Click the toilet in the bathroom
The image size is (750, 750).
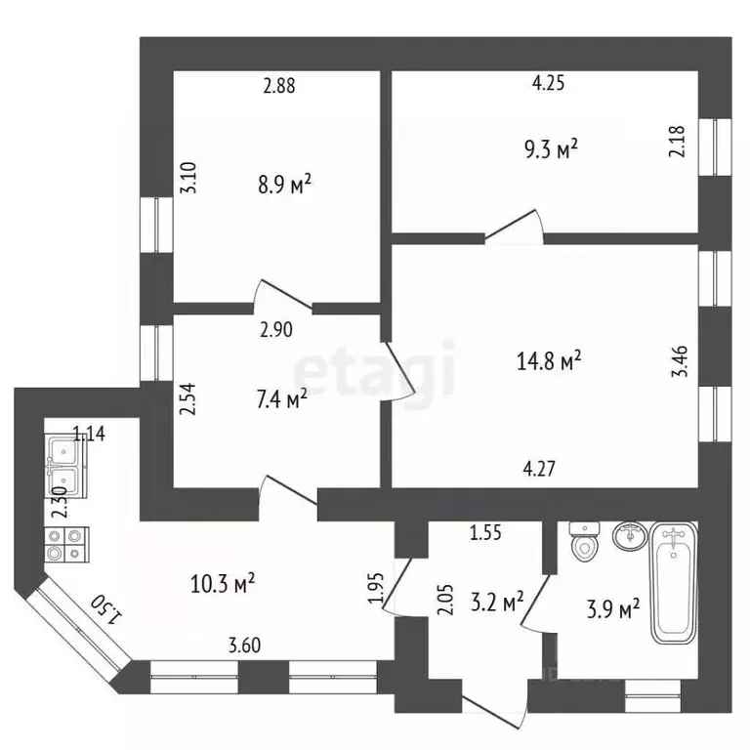[585, 541]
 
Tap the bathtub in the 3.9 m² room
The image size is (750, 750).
[674, 583]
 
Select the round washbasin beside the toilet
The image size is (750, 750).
[631, 536]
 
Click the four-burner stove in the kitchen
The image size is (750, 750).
[66, 544]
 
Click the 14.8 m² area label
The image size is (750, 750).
[549, 360]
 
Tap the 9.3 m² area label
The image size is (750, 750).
[551, 149]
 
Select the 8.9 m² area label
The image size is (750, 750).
[284, 185]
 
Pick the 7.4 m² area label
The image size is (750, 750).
[281, 399]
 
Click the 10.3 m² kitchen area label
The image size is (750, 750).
[223, 584]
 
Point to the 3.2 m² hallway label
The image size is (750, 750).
[497, 603]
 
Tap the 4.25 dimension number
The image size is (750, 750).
[548, 83]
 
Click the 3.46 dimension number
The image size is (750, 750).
[680, 361]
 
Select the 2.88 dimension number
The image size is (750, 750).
[279, 86]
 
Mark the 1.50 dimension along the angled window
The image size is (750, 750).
[106, 609]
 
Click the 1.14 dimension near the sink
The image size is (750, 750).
[89, 434]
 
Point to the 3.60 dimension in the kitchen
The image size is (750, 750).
[244, 646]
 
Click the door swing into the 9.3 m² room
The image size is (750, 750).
[515, 227]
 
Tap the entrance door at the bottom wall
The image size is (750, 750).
[495, 703]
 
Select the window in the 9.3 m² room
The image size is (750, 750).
[715, 146]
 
